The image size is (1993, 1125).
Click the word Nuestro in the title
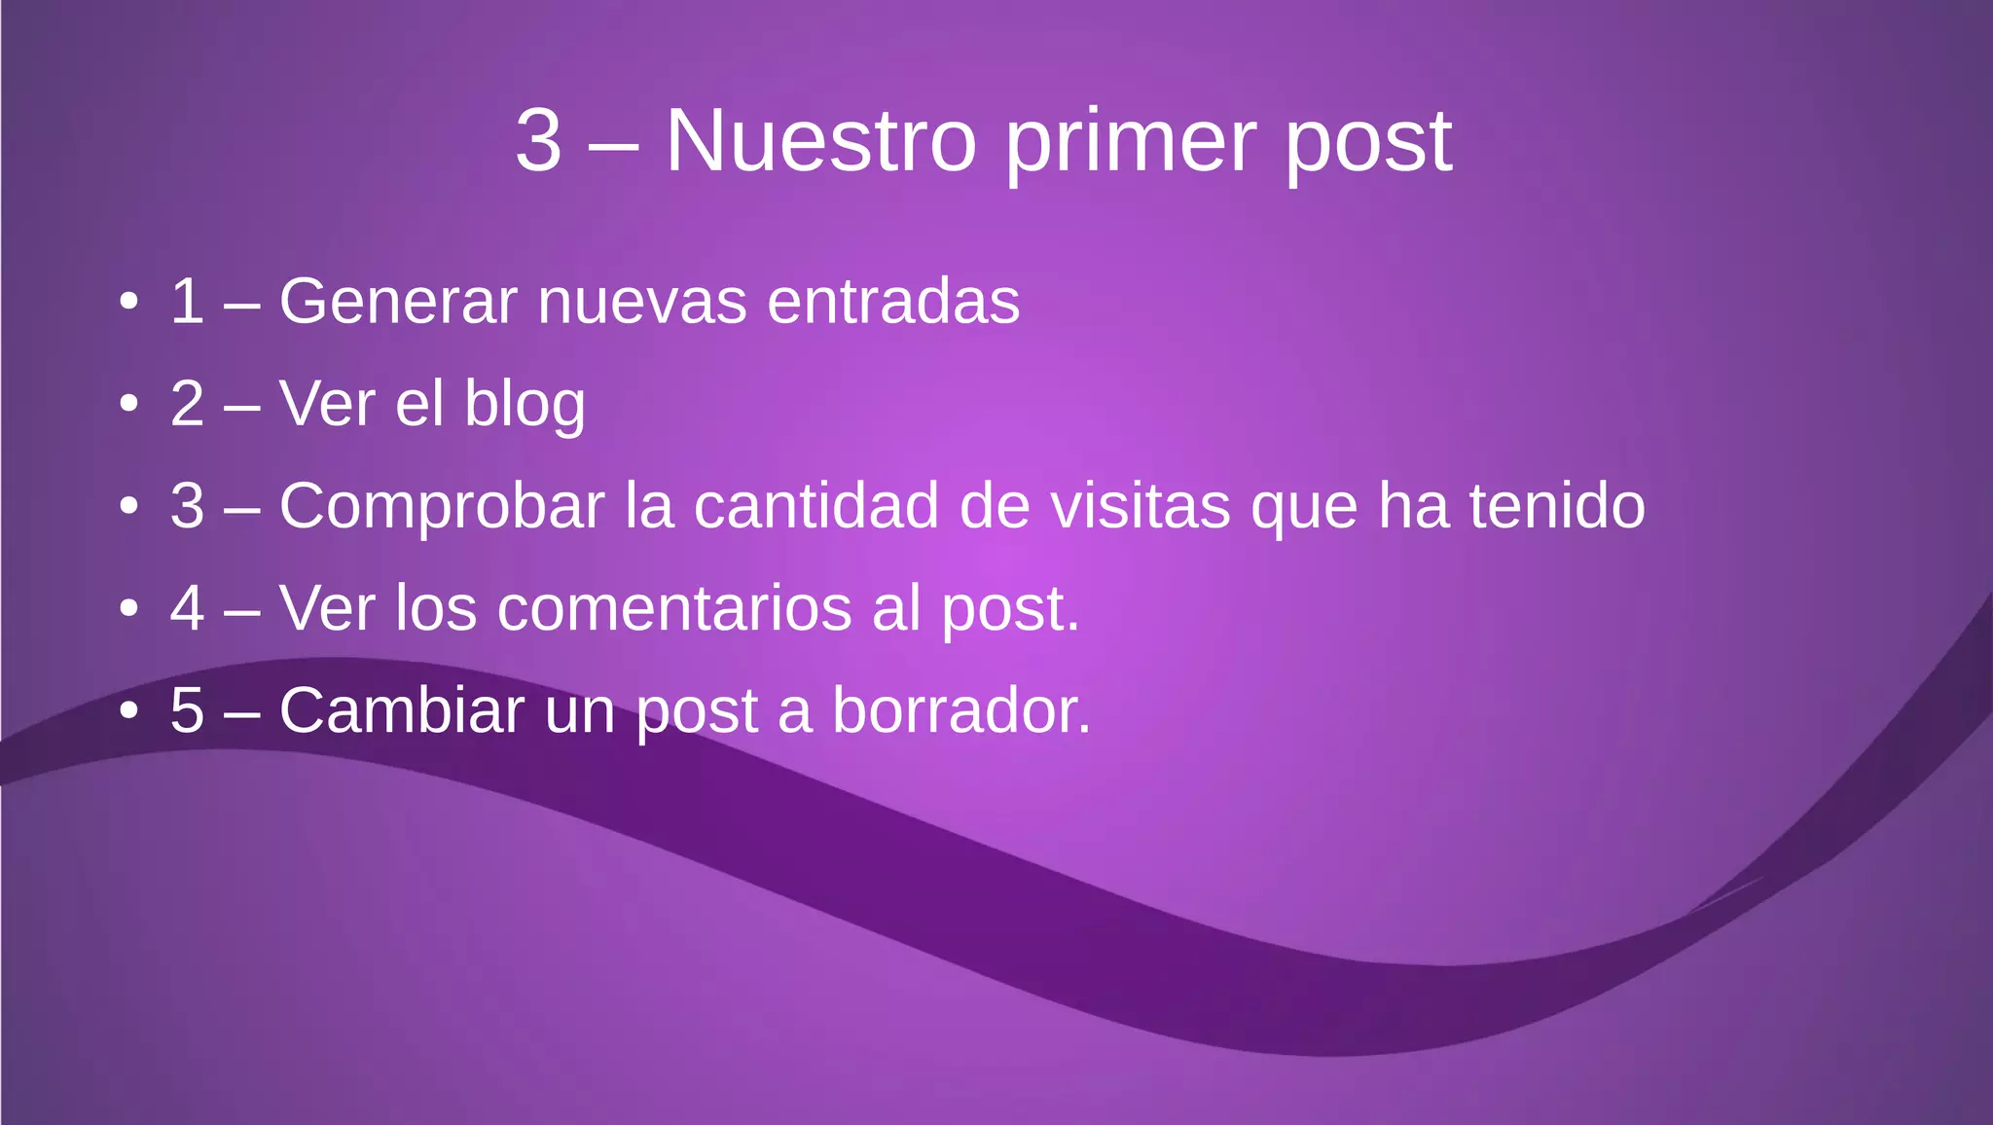click(820, 141)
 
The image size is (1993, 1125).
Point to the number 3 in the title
click(539, 141)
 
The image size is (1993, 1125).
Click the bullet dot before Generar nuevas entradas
click(128, 302)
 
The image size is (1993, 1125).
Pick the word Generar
click(397, 301)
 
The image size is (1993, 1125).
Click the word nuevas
click(641, 303)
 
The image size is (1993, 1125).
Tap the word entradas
click(893, 301)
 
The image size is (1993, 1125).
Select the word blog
click(525, 405)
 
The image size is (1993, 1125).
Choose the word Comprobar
click(442, 507)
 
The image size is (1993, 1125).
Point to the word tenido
click(1556, 506)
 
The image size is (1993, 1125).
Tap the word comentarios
click(674, 609)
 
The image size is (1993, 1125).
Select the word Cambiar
click(401, 710)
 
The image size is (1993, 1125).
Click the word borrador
click(960, 710)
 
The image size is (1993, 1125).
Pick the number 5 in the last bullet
click(187, 710)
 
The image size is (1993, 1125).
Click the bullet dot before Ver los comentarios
click(128, 609)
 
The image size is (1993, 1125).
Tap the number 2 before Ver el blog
click(187, 404)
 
